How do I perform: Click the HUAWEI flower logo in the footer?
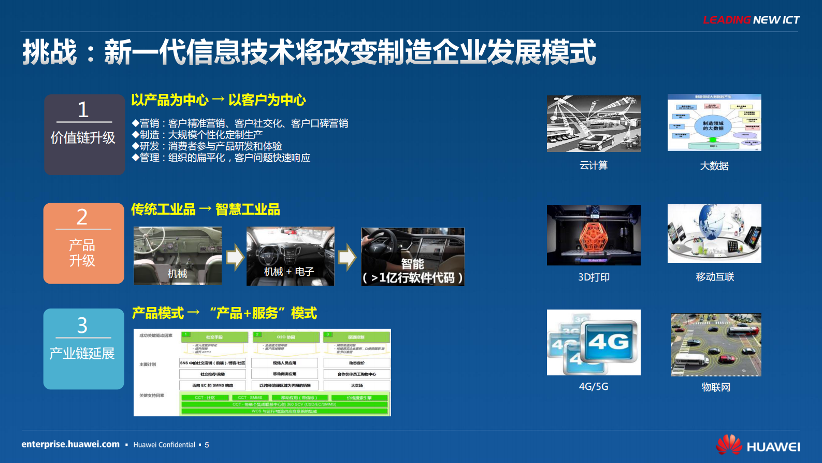click(729, 445)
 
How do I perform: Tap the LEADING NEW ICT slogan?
click(751, 20)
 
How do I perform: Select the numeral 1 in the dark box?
click(83, 110)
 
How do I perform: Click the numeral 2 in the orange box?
click(82, 217)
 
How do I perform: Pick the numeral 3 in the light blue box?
click(82, 326)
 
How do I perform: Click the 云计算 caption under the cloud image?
click(594, 165)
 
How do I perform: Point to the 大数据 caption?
click(714, 166)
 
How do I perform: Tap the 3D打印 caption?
click(594, 277)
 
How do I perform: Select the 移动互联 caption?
click(715, 277)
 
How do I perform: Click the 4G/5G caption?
click(594, 387)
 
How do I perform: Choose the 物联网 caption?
click(716, 387)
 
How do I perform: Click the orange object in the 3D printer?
click(594, 236)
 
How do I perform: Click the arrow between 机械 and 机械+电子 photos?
click(235, 257)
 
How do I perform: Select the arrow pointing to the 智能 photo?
click(347, 257)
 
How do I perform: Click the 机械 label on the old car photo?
click(177, 273)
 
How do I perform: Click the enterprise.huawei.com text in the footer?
click(70, 444)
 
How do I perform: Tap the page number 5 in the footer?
click(207, 445)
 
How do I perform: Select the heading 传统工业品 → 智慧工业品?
click(205, 209)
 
